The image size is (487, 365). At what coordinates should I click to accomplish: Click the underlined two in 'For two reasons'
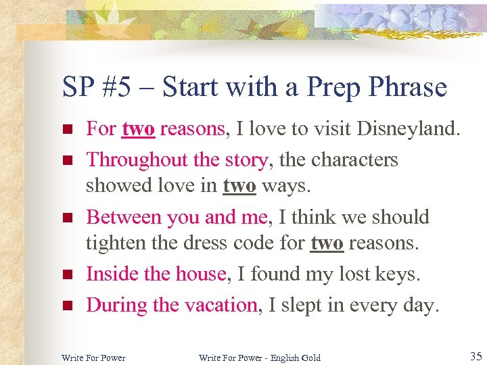click(x=138, y=129)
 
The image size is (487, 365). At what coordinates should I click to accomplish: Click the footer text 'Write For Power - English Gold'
click(x=260, y=357)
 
